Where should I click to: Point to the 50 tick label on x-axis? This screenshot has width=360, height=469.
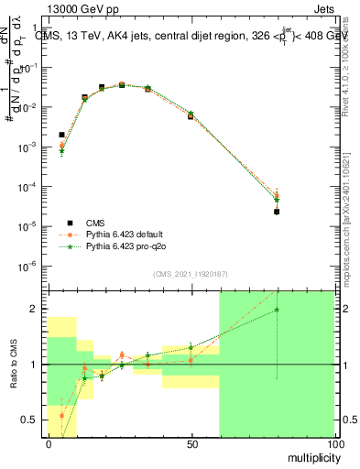click(x=191, y=444)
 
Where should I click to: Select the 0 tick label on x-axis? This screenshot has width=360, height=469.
click(x=49, y=444)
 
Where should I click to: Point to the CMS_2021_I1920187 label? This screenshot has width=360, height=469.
click(x=190, y=274)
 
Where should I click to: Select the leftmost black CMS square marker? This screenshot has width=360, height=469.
click(x=61, y=135)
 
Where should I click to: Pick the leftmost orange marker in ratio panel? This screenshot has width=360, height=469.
click(x=61, y=415)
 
